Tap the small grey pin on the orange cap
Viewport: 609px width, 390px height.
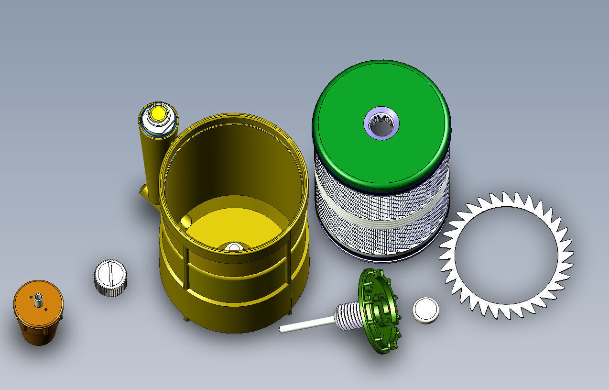[37, 301]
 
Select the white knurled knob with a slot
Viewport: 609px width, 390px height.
[110, 278]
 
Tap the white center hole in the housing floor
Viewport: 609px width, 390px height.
[233, 247]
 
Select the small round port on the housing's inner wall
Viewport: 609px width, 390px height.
[186, 221]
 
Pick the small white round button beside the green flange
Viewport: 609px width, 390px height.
[425, 310]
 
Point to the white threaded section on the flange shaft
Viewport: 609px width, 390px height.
[348, 316]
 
